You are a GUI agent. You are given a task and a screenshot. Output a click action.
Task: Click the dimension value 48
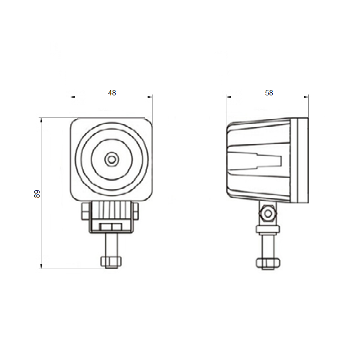(112, 93)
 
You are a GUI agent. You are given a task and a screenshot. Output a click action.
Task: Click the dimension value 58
(269, 93)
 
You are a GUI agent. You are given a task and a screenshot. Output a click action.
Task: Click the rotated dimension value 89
(37, 194)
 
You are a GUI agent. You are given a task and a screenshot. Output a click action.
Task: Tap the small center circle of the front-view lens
(112, 159)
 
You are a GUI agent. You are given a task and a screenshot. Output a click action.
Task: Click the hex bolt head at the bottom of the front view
(111, 262)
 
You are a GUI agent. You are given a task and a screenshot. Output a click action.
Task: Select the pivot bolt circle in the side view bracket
(268, 214)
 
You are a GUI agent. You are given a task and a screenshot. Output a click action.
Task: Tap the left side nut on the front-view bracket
(85, 211)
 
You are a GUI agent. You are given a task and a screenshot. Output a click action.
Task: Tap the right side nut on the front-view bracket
(136, 211)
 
